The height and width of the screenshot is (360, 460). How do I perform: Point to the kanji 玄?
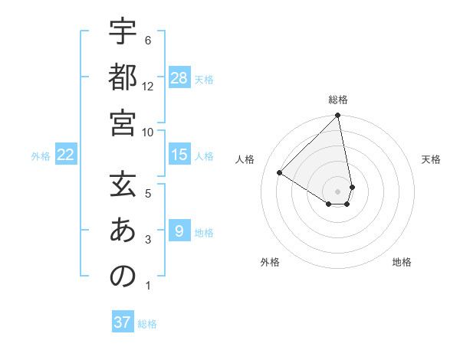[x=123, y=185]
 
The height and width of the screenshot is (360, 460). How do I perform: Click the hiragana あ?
[x=123, y=231]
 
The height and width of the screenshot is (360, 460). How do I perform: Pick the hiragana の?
[x=123, y=277]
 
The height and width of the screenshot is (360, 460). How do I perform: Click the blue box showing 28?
[x=179, y=78]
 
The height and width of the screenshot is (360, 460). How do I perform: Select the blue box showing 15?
[x=179, y=155]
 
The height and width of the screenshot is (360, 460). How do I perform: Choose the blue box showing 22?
[x=65, y=155]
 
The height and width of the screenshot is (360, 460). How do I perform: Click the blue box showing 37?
[x=123, y=322]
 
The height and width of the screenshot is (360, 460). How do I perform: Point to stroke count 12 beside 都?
[x=148, y=86]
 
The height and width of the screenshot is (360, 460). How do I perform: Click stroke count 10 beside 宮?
[x=148, y=132]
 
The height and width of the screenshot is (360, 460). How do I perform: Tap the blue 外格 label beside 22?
[x=41, y=155]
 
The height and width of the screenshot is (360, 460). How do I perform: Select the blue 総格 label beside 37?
[x=147, y=323]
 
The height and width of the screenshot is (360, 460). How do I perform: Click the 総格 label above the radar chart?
[x=338, y=100]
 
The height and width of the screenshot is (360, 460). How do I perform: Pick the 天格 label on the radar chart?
[x=432, y=159]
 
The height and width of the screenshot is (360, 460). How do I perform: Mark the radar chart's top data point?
[x=338, y=116]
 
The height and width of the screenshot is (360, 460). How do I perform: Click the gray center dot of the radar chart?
[x=338, y=191]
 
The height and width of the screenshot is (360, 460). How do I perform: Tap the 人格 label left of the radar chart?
[x=245, y=159]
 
